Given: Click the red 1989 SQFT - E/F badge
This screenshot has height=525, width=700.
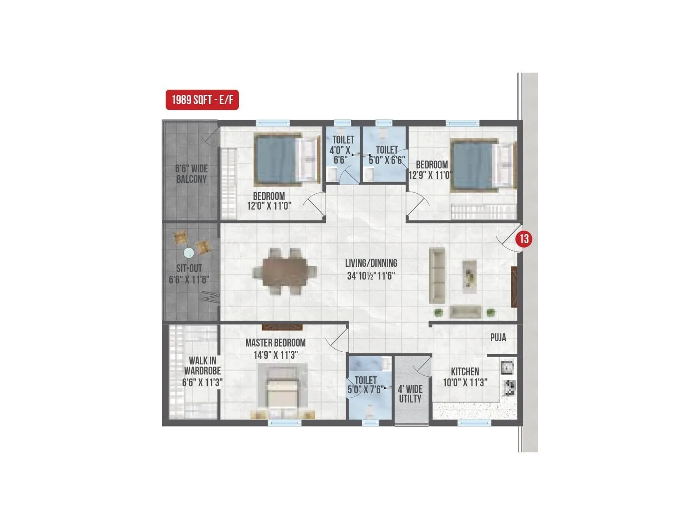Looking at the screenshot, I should coord(202,100).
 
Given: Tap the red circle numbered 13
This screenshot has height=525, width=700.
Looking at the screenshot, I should coord(524,239).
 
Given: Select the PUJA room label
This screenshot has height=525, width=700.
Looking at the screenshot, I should coord(498,337).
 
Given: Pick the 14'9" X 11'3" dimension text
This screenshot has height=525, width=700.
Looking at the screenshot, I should coord(275,355).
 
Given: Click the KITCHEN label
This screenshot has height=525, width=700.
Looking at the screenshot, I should coord(465,371).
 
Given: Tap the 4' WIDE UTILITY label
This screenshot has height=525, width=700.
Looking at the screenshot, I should coord(410,394).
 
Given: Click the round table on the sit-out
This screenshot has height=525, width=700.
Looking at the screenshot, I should coord(189,252).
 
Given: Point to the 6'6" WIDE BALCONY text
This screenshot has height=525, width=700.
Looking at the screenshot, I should coord(191,174).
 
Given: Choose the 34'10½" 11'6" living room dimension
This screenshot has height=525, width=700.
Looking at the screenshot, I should coord(371,276).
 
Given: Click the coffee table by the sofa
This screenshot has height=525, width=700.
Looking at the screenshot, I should coord(469,276).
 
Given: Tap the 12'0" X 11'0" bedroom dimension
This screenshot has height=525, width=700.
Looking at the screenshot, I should coord(269,206).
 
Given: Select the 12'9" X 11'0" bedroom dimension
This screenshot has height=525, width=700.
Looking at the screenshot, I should coord(430,175).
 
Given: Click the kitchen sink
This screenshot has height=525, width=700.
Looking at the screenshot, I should coord(507,367).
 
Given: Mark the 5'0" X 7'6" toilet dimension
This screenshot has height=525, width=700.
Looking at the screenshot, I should coord(366,389).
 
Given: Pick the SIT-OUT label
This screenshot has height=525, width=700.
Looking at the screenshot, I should coord(189,268).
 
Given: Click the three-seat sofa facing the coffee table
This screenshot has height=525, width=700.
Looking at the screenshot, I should coord(437,275).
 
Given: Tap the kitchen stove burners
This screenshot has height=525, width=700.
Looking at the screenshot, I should coord(509,388).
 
